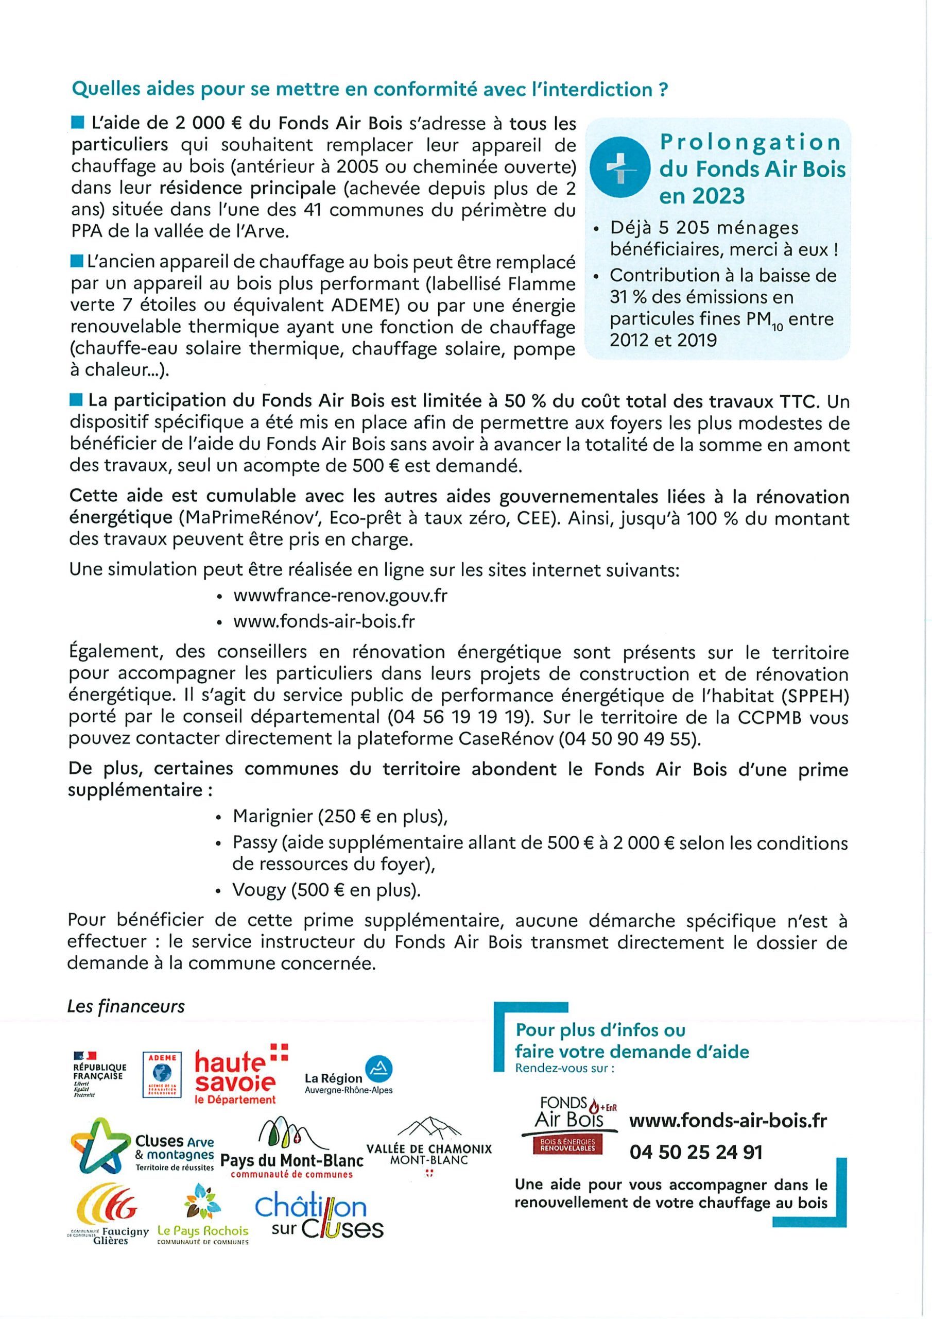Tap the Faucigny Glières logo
point(109,1212)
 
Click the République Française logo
point(99,1073)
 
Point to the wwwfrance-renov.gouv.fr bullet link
point(340,595)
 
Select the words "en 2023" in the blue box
point(702,196)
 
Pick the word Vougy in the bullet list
point(258,890)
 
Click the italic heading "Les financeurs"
point(126,1006)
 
